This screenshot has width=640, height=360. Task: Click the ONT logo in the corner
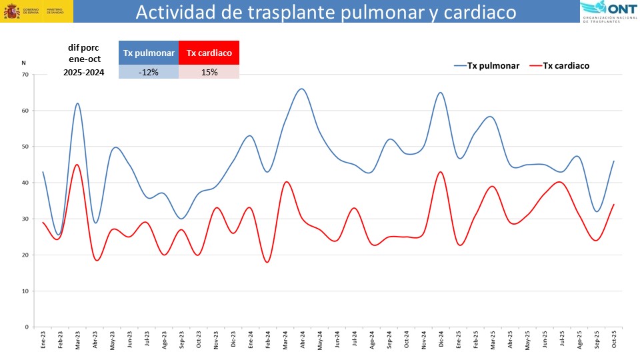609,11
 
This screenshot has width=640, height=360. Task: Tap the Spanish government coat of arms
12,11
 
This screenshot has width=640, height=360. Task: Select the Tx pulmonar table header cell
149,53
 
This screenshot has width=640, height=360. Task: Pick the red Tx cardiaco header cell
209,53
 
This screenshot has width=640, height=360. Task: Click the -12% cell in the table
149,72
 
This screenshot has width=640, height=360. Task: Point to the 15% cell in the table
209,72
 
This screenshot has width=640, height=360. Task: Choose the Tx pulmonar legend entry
487,65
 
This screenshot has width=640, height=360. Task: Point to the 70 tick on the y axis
25,75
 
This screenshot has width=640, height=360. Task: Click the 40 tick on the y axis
25,183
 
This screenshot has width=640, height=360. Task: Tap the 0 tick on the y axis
26,327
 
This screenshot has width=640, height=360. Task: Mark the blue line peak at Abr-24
302,89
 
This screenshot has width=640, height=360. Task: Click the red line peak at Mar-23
77,165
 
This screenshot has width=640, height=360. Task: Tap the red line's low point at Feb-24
268,262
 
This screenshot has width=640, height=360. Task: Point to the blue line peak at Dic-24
441,93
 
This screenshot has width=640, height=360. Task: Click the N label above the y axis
23,63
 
